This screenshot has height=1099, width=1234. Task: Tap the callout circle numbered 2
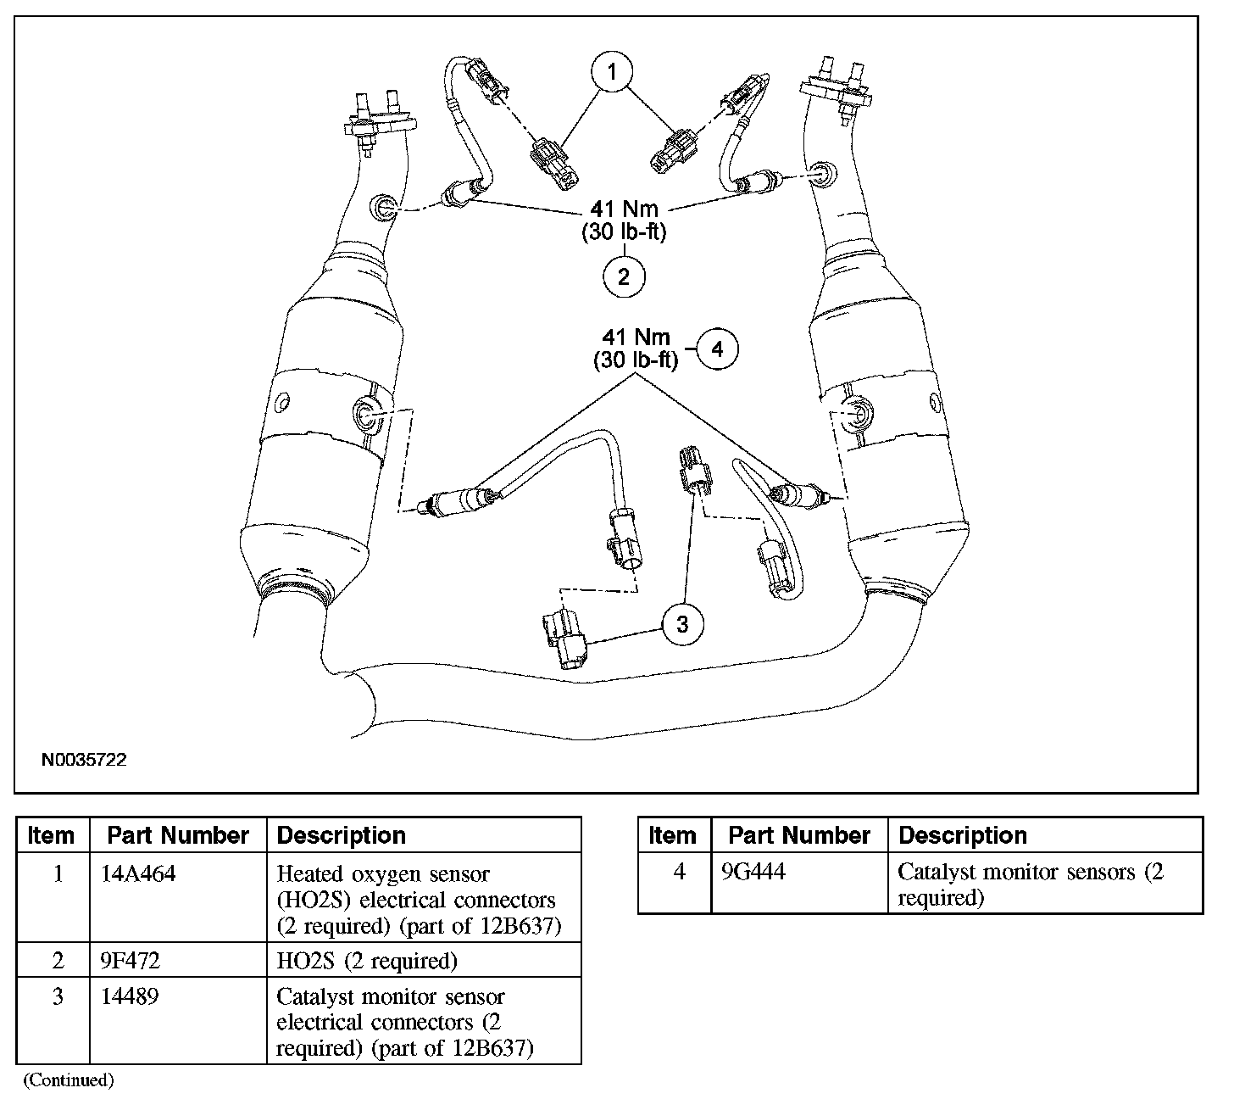624,276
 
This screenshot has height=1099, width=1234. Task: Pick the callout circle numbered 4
717,349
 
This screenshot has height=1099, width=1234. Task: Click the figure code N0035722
84,760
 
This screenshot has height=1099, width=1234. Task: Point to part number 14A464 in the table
138,873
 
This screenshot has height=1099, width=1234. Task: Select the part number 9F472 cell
130,960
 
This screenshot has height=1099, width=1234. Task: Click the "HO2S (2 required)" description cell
367,960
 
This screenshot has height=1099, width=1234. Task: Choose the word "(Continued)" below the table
69,1079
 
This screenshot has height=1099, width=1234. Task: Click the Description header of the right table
963,835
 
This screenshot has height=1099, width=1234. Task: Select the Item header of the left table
51,835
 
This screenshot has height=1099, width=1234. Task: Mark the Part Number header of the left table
178,835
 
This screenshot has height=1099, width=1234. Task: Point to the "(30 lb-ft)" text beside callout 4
636,360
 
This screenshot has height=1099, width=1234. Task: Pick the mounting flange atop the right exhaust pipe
836,87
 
